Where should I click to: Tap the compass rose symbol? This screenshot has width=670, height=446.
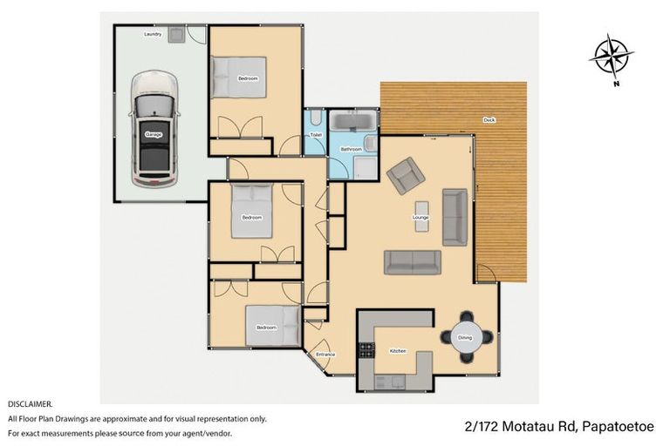611,57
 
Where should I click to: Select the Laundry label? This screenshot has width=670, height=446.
154,34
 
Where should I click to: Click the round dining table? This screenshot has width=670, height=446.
465,337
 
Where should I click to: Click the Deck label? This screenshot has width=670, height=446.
489,120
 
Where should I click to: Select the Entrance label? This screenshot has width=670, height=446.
325,355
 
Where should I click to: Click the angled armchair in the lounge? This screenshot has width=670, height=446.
405,175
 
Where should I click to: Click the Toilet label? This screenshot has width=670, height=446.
316,135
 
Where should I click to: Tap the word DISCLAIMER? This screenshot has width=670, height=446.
31,404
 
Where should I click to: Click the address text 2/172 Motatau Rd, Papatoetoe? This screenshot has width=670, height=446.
557,427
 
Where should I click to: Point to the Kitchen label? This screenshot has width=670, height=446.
398,351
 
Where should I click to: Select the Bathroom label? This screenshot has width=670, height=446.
351,150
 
